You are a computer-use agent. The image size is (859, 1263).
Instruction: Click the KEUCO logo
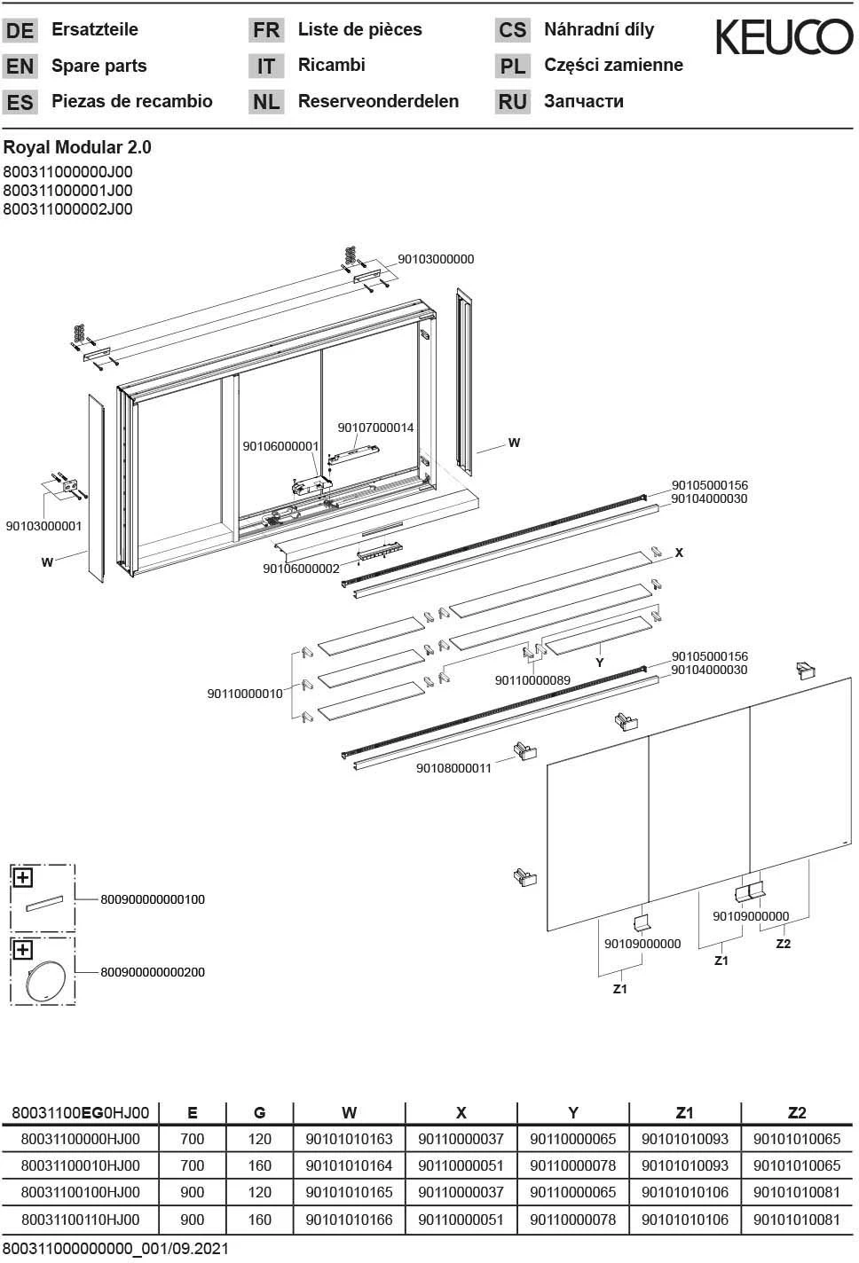click(784, 38)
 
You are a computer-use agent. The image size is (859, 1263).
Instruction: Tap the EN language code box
click(20, 67)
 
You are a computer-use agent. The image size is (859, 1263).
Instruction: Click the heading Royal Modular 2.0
click(77, 147)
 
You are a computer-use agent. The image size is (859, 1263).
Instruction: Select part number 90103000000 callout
click(436, 259)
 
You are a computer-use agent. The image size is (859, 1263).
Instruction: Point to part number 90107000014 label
click(375, 428)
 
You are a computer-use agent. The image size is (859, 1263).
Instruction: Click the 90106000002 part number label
click(301, 569)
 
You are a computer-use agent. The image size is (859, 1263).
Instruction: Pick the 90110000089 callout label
click(532, 680)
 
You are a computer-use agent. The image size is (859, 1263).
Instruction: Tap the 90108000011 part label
click(453, 768)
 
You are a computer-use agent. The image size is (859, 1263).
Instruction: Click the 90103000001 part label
click(43, 526)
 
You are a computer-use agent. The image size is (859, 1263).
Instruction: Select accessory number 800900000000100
click(153, 899)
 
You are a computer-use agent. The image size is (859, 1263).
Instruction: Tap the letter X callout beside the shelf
click(679, 553)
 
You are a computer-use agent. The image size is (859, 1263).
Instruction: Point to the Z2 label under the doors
click(783, 944)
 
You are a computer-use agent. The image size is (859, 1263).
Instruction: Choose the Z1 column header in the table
click(684, 1112)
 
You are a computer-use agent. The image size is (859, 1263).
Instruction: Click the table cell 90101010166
click(349, 1220)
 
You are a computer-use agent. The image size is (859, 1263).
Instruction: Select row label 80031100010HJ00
click(80, 1165)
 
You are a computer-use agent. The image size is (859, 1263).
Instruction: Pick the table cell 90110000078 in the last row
click(572, 1220)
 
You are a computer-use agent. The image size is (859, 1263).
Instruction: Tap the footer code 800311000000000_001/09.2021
click(115, 1249)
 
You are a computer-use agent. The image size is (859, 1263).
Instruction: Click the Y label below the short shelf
click(600, 663)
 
